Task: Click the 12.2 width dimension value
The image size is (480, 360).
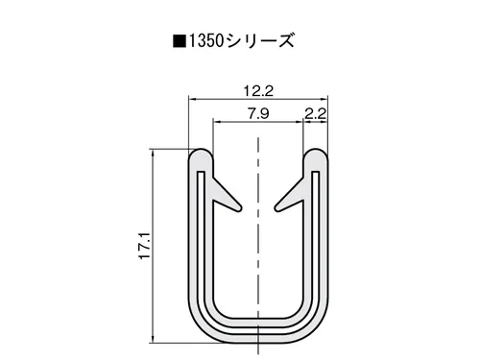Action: point(258,91)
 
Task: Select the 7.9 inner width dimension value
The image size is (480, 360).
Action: point(258,113)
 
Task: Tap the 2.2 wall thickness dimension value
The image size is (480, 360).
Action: point(316,113)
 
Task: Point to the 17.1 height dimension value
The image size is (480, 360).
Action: point(145,246)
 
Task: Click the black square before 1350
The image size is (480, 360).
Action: point(180,41)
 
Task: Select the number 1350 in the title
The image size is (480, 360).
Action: point(205,41)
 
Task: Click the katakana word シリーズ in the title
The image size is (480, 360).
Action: point(259,41)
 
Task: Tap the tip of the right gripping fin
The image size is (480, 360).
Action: point(277,208)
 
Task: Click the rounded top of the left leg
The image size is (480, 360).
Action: point(201,155)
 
